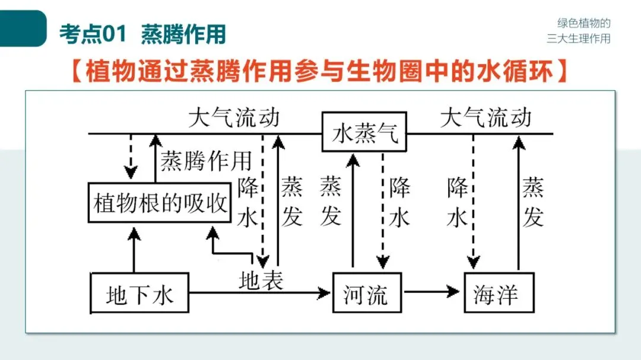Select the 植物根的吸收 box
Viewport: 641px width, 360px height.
[x=160, y=203]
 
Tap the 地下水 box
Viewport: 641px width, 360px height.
[x=139, y=293]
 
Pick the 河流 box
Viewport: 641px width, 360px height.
[x=367, y=293]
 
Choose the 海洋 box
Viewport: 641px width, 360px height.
[x=499, y=293]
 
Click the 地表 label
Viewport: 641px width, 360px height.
[x=261, y=279]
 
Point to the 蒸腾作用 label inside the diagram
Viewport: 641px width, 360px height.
[x=206, y=160]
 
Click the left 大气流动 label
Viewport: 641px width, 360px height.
[x=233, y=117]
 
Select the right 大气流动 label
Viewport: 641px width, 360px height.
[x=485, y=117]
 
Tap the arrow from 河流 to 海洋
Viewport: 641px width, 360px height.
[x=432, y=292]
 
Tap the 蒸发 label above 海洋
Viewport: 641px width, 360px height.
[x=533, y=203]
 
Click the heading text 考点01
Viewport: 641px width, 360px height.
[x=93, y=34]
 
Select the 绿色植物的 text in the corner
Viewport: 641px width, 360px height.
[x=583, y=23]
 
